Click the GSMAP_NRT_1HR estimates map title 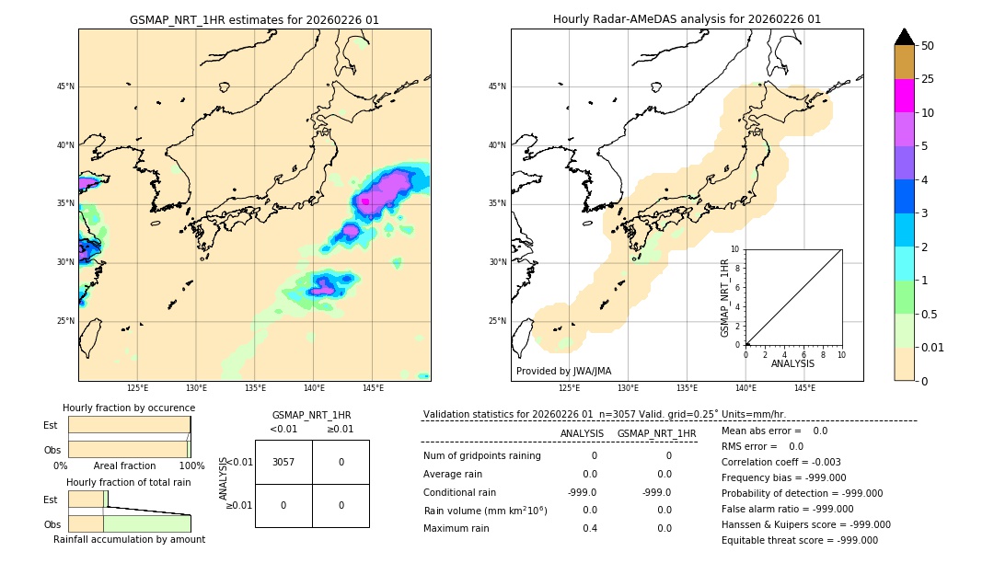[254, 19]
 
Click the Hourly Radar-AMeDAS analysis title [687, 19]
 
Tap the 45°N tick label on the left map [65, 86]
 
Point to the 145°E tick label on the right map [804, 388]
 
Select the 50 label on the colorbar [928, 46]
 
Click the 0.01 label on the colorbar [933, 347]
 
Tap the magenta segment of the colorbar [904, 96]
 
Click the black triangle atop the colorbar [904, 37]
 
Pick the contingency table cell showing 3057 [283, 462]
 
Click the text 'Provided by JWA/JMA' [563, 371]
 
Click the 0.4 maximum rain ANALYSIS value [590, 528]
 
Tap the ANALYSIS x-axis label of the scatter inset [792, 363]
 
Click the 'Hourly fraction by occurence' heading [129, 408]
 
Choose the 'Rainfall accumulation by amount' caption [129, 539]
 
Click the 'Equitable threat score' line [800, 540]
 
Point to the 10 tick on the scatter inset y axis [735, 249]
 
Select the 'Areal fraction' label [125, 465]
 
